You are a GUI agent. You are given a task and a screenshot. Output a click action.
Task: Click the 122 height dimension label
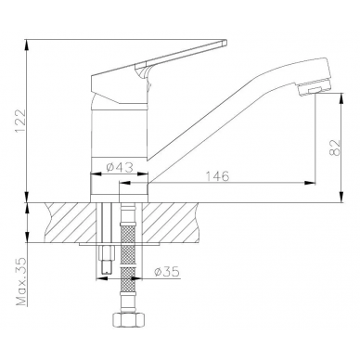coord(19,121)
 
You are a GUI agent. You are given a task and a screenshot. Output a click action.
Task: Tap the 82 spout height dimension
coord(334,148)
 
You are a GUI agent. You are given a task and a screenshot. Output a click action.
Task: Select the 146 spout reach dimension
coord(218,176)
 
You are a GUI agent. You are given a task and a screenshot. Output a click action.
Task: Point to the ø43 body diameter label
coord(120,168)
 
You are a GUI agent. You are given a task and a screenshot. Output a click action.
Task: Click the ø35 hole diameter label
coord(167,272)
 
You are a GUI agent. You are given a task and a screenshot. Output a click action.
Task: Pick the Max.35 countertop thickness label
coord(21,281)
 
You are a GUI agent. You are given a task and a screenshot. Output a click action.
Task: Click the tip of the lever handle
coord(225,43)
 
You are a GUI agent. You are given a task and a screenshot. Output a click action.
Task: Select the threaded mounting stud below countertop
coord(107,259)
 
